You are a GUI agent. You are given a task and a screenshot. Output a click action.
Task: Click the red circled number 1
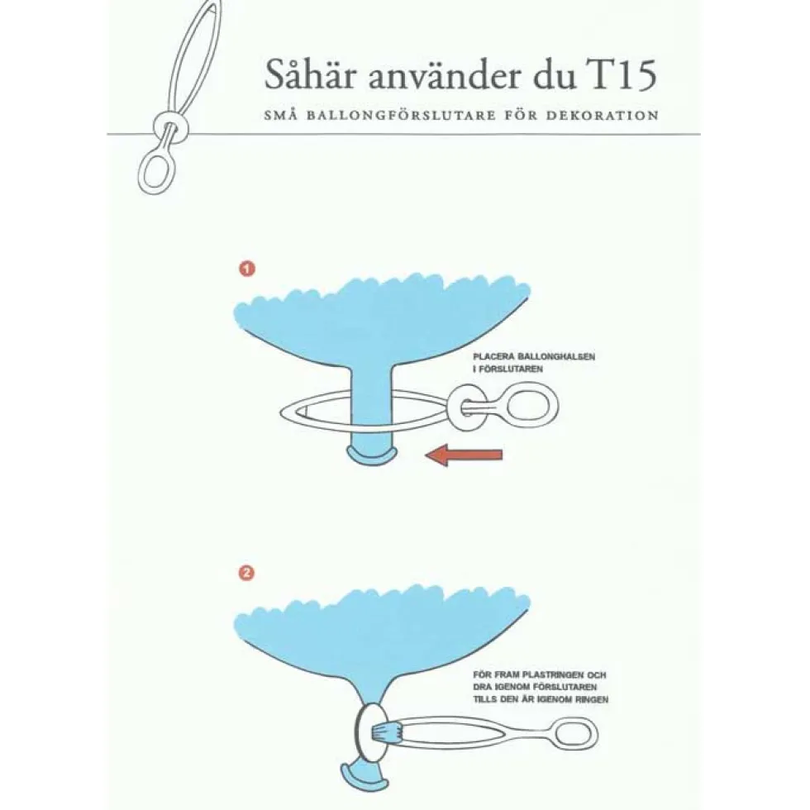tap(247, 269)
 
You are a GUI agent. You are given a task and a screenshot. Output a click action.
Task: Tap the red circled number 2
tap(247, 574)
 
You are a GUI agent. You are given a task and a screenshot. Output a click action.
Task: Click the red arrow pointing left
tap(464, 455)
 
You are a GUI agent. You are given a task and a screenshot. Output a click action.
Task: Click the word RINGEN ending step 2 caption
tap(590, 699)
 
